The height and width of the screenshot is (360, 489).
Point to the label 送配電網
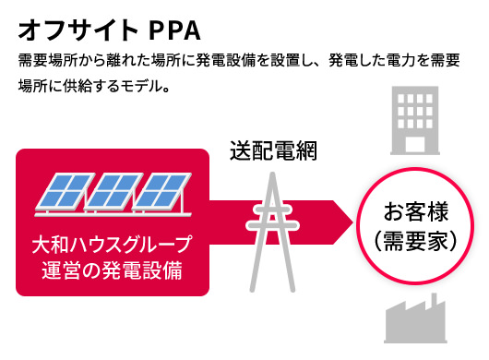point(273,150)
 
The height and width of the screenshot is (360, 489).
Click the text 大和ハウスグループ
point(111,246)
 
